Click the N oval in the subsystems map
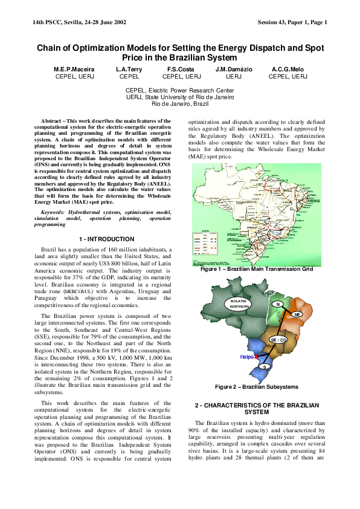[277, 303]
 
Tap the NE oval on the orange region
[297, 314]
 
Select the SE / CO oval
[278, 340]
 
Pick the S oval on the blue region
[264, 366]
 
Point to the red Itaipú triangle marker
[257, 357]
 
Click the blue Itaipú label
[246, 357]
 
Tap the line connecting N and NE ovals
[288, 309]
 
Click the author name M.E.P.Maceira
[74, 70]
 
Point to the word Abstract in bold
[51, 122]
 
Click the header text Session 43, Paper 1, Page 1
[292, 23]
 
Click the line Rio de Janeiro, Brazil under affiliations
[179, 104]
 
